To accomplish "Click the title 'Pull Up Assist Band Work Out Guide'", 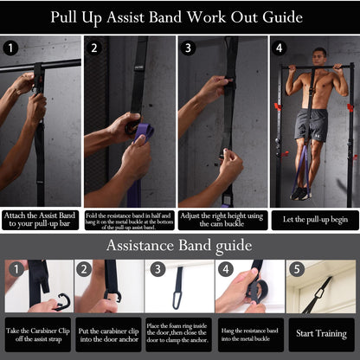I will coord(177,17).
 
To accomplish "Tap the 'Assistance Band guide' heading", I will coord(179,246).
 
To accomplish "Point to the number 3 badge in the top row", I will coord(188,48).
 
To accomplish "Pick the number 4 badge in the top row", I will coord(279,48).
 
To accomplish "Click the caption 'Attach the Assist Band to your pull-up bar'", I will coord(42,221).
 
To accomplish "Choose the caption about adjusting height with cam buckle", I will coord(222,221).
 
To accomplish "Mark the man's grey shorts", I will coord(311,125).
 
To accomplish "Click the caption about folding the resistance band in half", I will coord(132,221).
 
